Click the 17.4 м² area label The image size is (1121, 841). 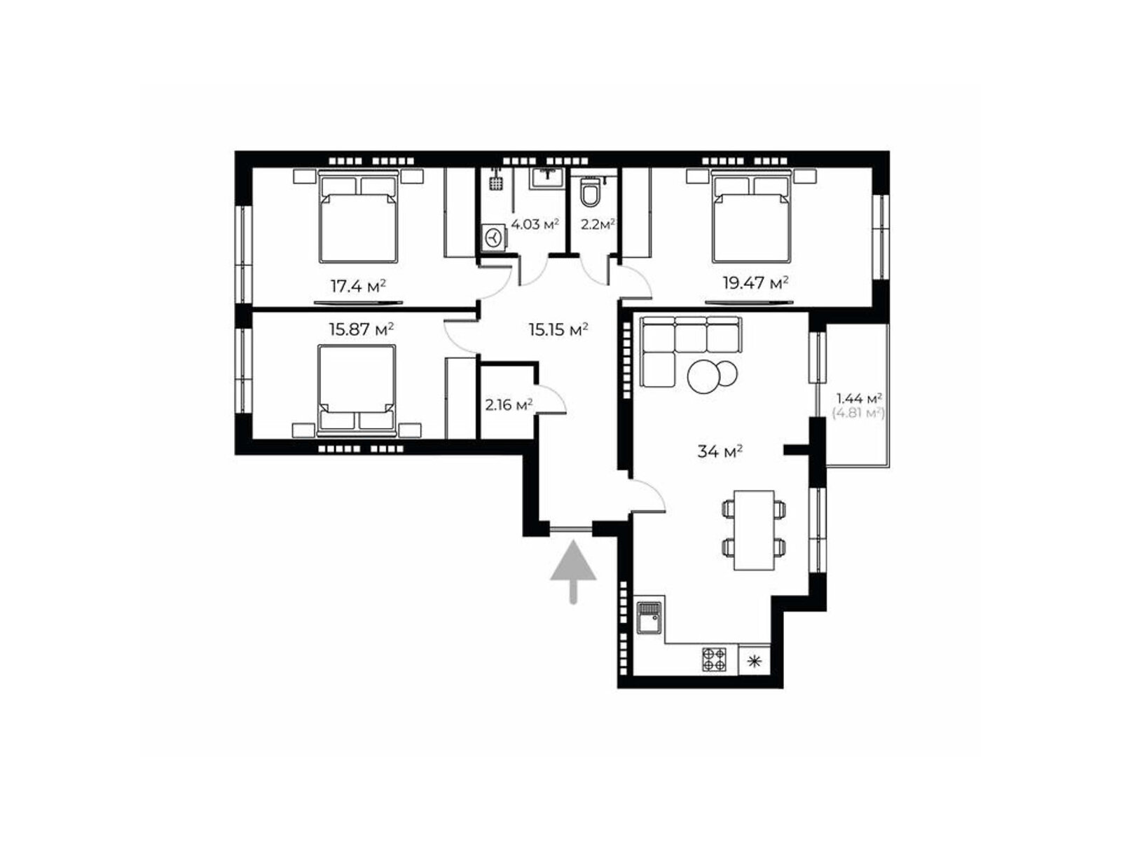coord(357,285)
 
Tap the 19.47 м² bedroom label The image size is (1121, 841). coord(755,282)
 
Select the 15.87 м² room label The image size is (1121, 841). coord(361,328)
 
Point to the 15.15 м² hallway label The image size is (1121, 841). coord(558,329)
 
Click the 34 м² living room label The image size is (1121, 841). coord(719,451)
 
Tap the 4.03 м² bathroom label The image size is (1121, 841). coord(534,224)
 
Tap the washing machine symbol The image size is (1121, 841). coord(493,238)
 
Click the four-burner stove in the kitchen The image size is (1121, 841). coord(713,659)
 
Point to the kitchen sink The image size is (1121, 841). coord(649,617)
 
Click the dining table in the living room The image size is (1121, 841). coord(753,530)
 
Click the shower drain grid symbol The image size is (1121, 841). coord(495,183)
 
